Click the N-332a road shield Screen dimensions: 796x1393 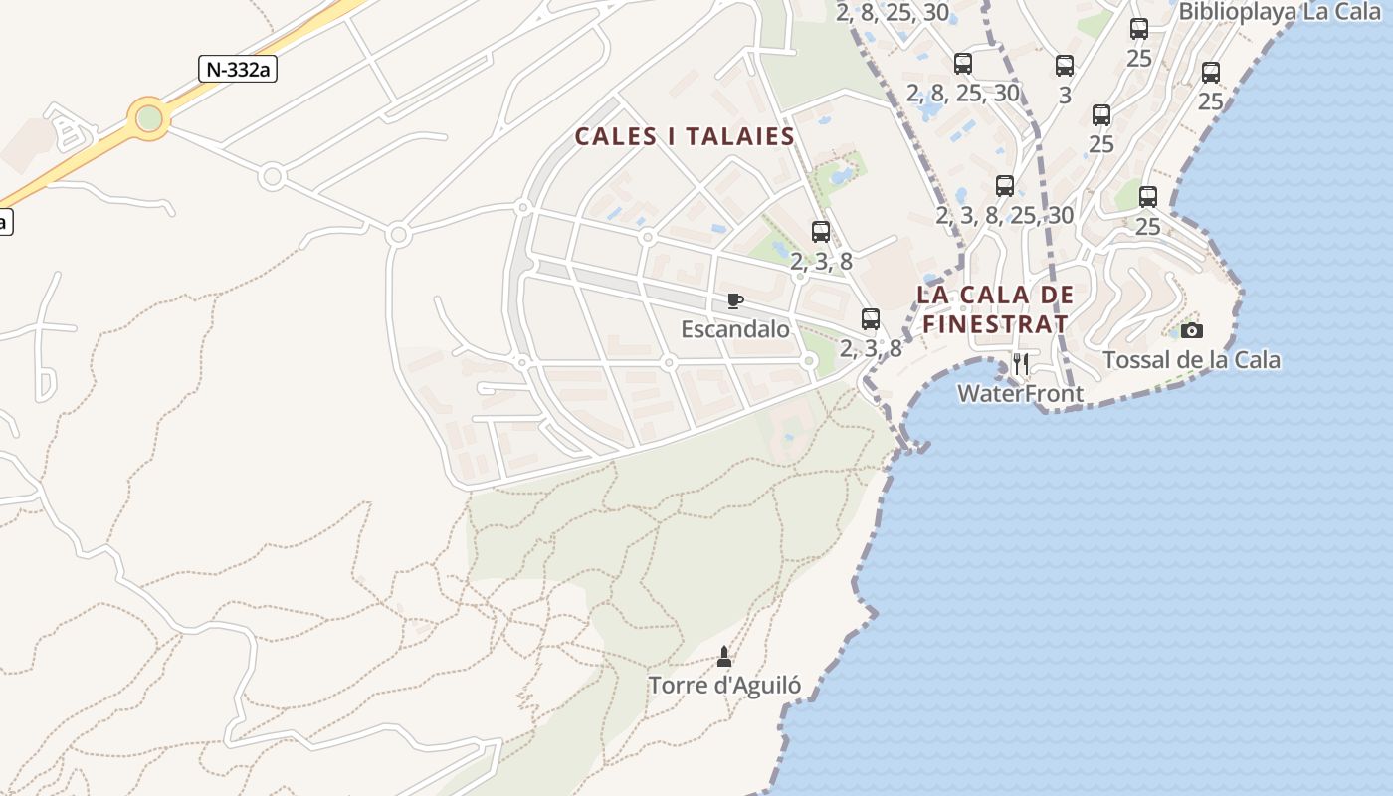(x=238, y=69)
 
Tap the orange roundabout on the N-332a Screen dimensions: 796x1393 (x=149, y=119)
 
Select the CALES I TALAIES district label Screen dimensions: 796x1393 (x=686, y=136)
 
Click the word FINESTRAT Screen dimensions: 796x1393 (x=995, y=323)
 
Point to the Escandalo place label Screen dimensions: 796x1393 (x=734, y=329)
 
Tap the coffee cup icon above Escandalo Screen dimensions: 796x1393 (x=735, y=300)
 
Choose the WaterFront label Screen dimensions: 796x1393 (x=1020, y=393)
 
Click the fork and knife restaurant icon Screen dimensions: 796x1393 (x=1021, y=364)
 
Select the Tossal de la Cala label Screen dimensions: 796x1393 (x=1191, y=359)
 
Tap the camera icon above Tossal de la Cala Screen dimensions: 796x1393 (x=1191, y=330)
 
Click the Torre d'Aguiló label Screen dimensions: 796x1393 (x=724, y=685)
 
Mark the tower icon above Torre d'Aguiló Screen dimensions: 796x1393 (x=724, y=657)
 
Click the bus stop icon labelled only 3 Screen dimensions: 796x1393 (x=1065, y=66)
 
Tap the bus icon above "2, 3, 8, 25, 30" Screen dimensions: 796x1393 (x=1005, y=186)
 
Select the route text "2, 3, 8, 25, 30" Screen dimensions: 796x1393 (x=1005, y=215)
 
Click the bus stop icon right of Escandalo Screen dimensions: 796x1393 (x=871, y=319)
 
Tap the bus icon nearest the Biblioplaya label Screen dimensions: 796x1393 (x=1139, y=29)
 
